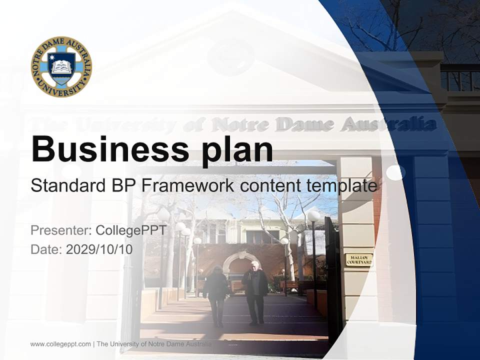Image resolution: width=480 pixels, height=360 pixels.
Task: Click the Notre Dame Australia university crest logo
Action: click(x=61, y=66)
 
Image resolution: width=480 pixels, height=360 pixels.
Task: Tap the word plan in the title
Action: click(x=237, y=149)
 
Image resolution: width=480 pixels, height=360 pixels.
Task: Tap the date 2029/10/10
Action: click(x=99, y=249)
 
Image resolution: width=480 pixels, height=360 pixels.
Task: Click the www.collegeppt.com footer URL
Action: click(x=60, y=344)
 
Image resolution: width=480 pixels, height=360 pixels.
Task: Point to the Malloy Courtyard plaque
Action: click(x=359, y=259)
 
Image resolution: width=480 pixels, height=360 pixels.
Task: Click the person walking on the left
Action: click(x=216, y=295)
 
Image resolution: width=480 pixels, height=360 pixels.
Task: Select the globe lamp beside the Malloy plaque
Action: click(x=313, y=216)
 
